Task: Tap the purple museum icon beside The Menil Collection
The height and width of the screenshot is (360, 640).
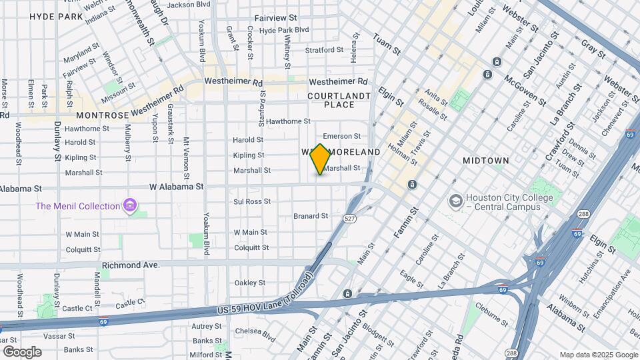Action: pyautogui.click(x=131, y=206)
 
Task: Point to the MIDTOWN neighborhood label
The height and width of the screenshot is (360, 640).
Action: pyautogui.click(x=486, y=161)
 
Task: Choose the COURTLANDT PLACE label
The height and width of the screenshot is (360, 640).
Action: pyautogui.click(x=339, y=100)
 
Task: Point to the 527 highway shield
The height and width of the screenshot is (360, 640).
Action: pyautogui.click(x=349, y=218)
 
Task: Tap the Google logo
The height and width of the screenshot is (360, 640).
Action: pyautogui.click(x=21, y=351)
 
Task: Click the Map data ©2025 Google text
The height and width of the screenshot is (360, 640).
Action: pyautogui.click(x=598, y=355)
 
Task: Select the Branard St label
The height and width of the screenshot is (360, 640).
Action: pyautogui.click(x=311, y=216)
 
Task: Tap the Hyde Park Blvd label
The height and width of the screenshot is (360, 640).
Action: pyautogui.click(x=284, y=30)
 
